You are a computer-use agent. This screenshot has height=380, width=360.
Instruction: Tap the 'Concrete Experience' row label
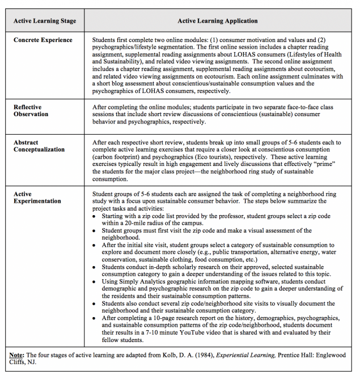pyautogui.click(x=43, y=41)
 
